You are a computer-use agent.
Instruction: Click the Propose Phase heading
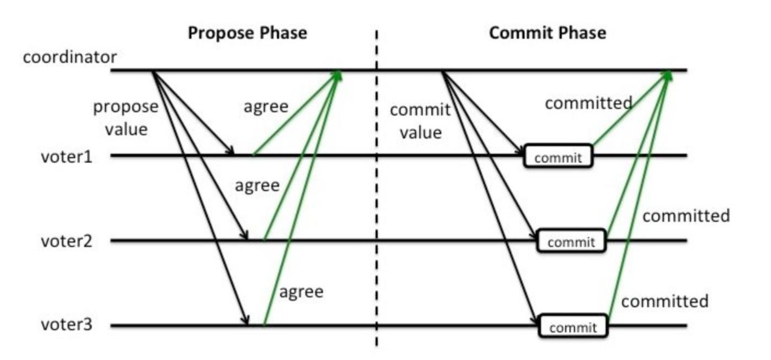[x=248, y=33]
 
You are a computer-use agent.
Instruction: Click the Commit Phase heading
[x=548, y=33]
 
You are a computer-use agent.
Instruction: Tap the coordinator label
[x=70, y=57]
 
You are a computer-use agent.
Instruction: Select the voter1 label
[x=67, y=156]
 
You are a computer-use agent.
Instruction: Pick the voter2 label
[x=67, y=241]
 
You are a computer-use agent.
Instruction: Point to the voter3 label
[x=67, y=325]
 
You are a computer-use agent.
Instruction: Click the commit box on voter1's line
[x=559, y=156]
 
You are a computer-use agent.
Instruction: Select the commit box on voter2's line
[x=572, y=240]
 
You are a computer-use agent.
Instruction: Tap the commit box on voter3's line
[x=573, y=326]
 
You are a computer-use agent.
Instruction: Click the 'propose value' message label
[x=126, y=118]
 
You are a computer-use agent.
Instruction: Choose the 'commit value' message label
[x=420, y=121]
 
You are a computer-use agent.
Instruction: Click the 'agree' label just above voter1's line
[x=266, y=106]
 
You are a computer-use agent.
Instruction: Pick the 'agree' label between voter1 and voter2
[x=257, y=185]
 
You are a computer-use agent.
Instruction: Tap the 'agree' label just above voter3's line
[x=301, y=292]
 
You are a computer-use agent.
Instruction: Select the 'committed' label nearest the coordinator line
[x=589, y=103]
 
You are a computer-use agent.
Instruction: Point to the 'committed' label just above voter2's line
[x=686, y=216]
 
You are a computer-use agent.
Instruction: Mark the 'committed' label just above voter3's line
[x=665, y=301]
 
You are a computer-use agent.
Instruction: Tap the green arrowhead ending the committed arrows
[x=667, y=75]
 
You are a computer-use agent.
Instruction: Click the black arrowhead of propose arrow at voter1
[x=230, y=151]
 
